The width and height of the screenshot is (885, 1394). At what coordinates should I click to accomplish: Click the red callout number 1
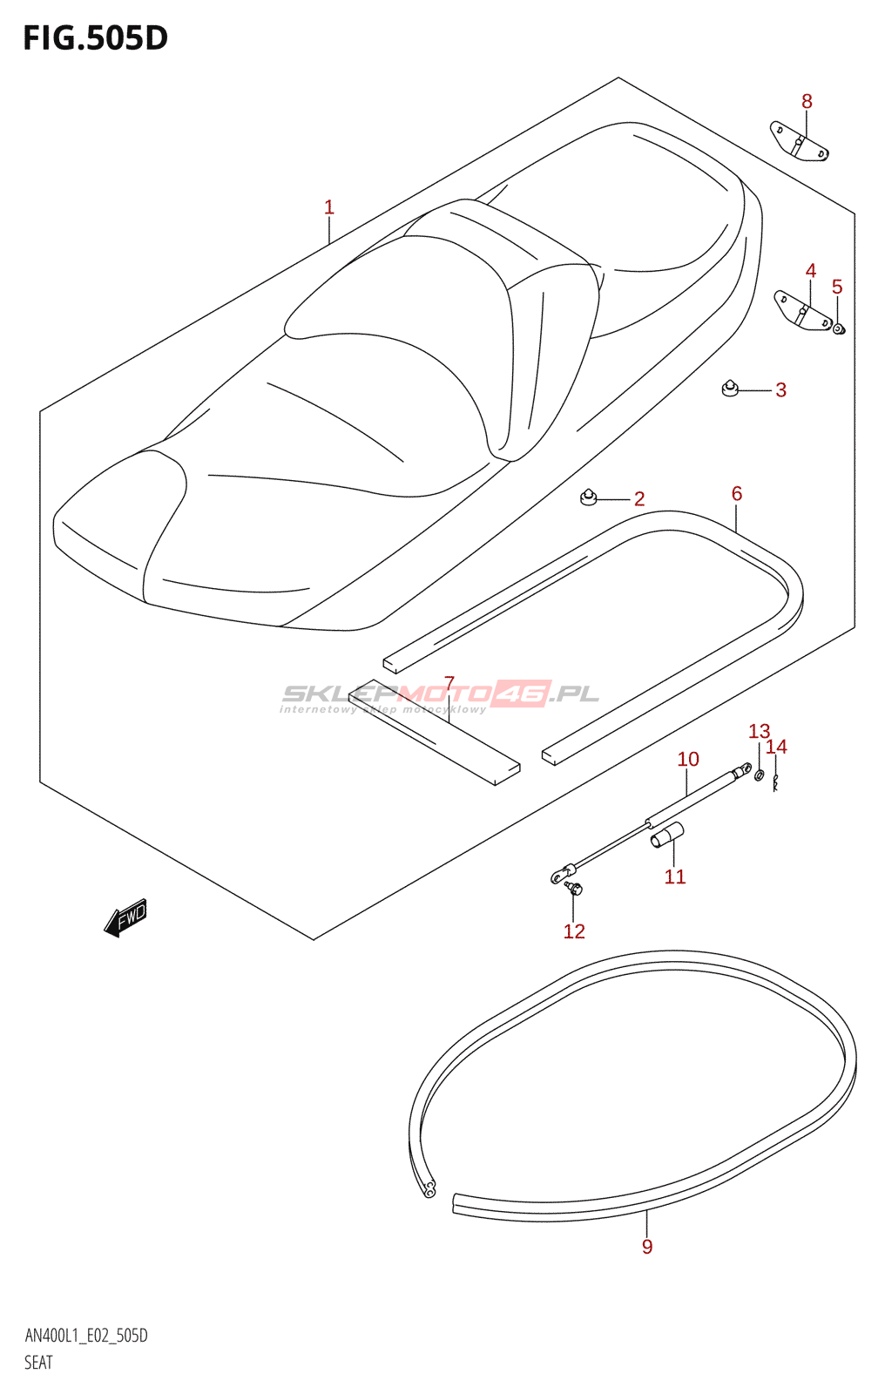coord(329,207)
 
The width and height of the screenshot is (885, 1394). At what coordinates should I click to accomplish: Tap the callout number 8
coord(807,102)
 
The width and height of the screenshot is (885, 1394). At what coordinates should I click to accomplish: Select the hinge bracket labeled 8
coord(799,142)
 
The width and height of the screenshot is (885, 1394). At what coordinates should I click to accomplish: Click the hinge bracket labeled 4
coord(803,311)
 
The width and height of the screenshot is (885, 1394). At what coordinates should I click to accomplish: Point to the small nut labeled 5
coord(839,328)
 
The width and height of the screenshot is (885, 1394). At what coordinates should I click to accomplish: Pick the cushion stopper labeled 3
coord(730,387)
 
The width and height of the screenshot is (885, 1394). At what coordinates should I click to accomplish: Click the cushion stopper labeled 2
coord(589,497)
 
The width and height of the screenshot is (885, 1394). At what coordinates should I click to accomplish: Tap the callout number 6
coord(737,494)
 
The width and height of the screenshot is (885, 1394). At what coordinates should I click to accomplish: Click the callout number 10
coord(688,759)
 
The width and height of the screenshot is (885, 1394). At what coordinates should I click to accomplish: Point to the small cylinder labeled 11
coord(668,835)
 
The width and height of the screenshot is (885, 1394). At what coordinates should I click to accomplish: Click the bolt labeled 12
coord(573,888)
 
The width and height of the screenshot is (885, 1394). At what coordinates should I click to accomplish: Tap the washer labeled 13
coord(759,774)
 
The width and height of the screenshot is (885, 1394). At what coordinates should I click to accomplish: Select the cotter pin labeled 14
coord(774,783)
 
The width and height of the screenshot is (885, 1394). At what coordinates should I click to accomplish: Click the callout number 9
coord(647,1247)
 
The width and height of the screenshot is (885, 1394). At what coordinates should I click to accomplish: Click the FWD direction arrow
coord(125,918)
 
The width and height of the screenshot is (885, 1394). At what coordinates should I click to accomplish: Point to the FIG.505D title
coord(95,38)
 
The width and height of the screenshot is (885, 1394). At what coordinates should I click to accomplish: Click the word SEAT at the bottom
coord(38,1363)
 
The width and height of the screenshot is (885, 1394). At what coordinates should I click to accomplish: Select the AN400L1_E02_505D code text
coord(86,1336)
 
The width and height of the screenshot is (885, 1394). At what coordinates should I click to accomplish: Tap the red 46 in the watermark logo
coord(521,694)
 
